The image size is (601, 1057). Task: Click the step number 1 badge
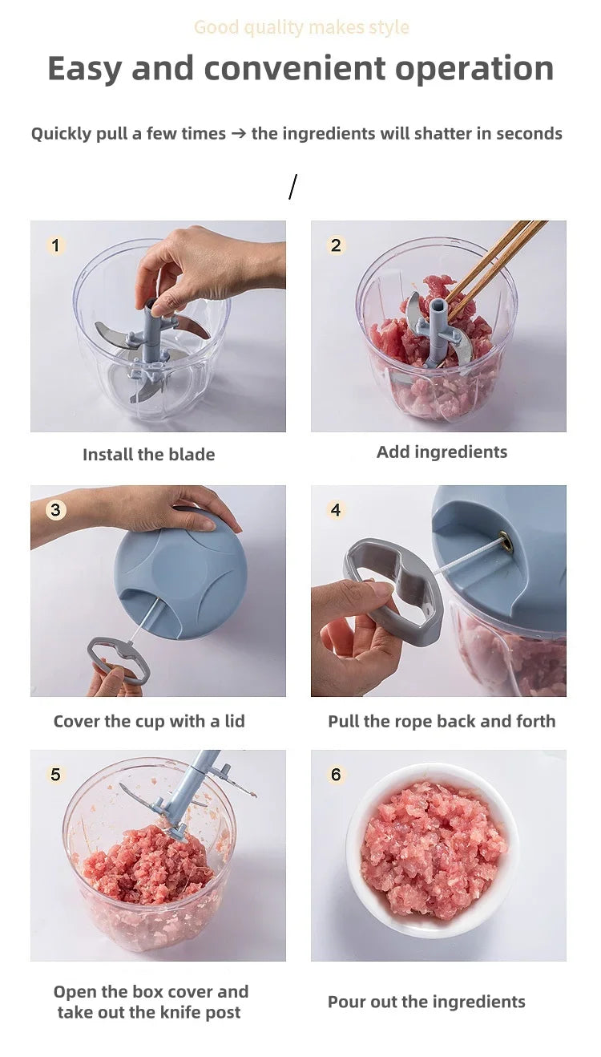coord(55,245)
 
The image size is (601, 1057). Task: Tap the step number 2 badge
coord(336,245)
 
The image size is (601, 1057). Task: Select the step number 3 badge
coord(55,510)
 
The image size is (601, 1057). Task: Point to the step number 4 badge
coord(336,510)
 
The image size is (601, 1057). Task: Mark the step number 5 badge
coord(55,775)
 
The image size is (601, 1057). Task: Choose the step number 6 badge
coord(336,775)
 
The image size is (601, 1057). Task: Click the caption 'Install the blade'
coord(149,455)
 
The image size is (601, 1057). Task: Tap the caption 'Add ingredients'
coord(442,452)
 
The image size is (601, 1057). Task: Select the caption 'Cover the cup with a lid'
coord(149,721)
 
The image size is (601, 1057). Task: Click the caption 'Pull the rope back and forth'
coord(442,721)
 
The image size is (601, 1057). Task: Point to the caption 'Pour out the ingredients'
coord(426,1002)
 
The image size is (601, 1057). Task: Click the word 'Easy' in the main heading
coord(85,69)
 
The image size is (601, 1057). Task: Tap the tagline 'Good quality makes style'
coord(301,27)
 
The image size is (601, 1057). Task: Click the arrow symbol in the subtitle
coord(238,134)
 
